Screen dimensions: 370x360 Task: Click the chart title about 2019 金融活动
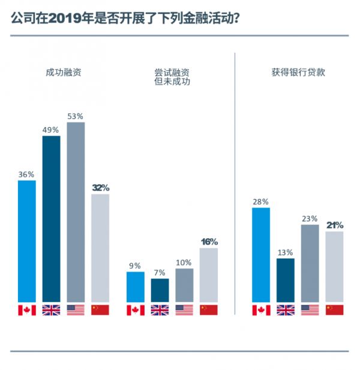tap(126, 19)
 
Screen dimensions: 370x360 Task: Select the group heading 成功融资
tap(63, 72)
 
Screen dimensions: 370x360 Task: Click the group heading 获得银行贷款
tap(297, 72)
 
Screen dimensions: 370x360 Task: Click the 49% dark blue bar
tap(51, 218)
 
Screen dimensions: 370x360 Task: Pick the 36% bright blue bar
tap(26, 240)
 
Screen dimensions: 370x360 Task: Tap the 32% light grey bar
tap(100, 247)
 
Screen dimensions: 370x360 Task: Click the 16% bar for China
tap(208, 274)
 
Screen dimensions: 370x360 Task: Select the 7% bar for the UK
tap(160, 290)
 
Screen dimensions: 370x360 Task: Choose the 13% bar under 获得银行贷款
tap(285, 279)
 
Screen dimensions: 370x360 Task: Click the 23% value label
tap(310, 219)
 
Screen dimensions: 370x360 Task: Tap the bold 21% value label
tap(334, 225)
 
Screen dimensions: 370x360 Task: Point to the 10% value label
tap(184, 263)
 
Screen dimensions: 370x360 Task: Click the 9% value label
tap(135, 266)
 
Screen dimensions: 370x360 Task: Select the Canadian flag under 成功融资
tap(26, 310)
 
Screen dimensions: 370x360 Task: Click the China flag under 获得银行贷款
tap(334, 310)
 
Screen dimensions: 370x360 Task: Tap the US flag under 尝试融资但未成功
tap(184, 310)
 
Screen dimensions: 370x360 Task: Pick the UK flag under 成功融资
tap(51, 310)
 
